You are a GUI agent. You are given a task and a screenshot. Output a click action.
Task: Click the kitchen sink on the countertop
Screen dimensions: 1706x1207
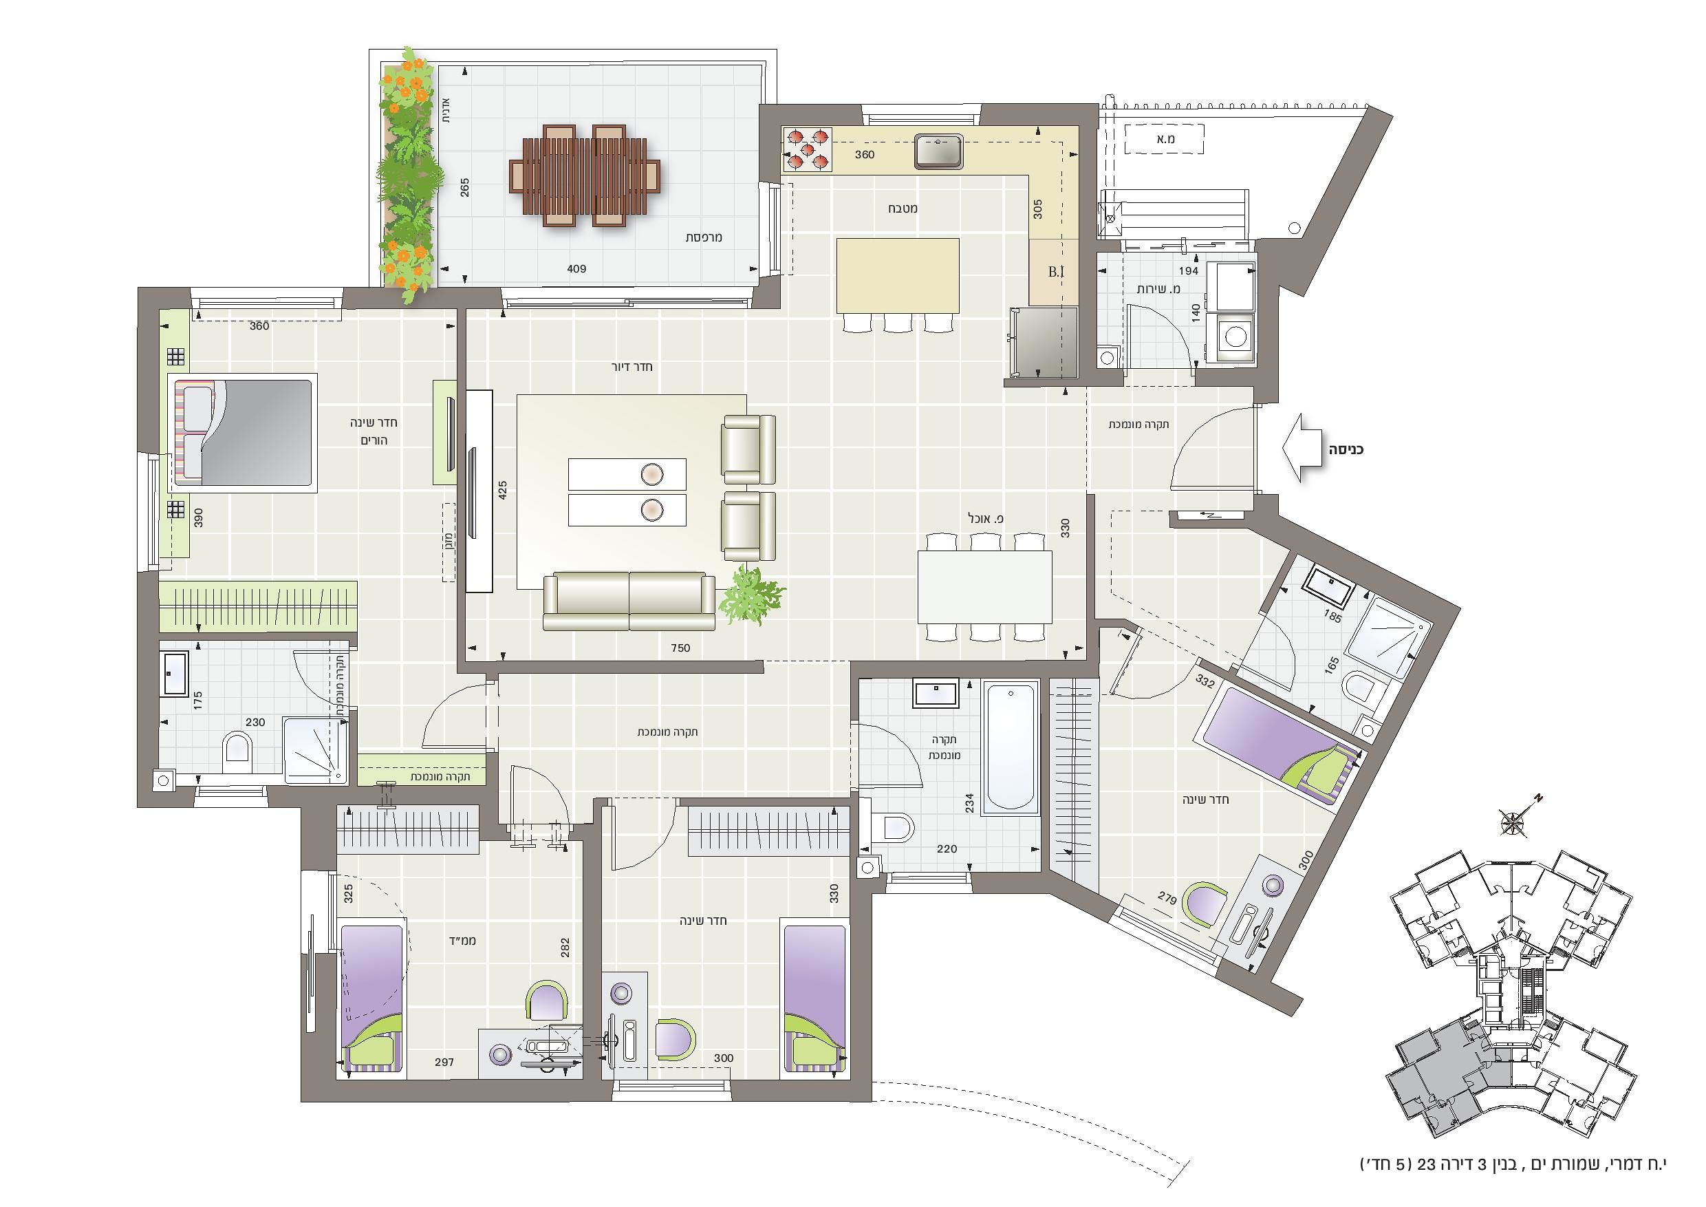click(x=938, y=151)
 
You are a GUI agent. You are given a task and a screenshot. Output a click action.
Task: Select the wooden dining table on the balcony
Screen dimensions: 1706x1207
click(x=585, y=175)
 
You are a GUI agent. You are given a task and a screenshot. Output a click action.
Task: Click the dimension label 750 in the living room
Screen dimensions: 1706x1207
click(x=680, y=648)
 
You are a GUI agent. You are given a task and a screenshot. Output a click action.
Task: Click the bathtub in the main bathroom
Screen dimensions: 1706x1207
click(x=1010, y=746)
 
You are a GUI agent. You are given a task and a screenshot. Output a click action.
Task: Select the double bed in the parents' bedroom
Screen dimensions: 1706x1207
click(x=242, y=433)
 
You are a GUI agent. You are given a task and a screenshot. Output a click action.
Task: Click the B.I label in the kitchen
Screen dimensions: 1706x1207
click(x=1056, y=272)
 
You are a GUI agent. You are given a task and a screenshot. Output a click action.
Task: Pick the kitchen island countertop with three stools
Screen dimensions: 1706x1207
click(x=898, y=276)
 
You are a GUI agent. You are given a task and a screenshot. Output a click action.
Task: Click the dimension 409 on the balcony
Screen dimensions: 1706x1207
click(x=576, y=269)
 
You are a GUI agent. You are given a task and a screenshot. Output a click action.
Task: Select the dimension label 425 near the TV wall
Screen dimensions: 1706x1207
click(x=502, y=490)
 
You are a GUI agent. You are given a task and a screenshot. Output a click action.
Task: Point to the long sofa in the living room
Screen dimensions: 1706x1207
click(x=629, y=601)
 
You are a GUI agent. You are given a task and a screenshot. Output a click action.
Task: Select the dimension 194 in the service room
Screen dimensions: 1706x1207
click(x=1188, y=270)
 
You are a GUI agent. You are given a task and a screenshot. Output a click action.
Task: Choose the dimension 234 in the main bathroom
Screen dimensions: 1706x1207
click(x=969, y=802)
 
